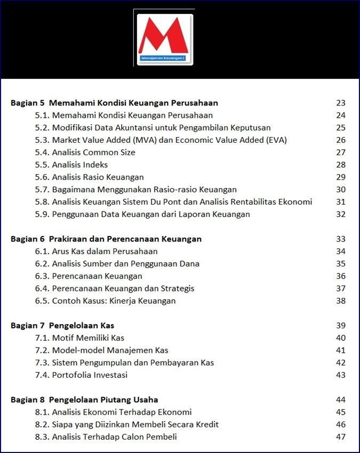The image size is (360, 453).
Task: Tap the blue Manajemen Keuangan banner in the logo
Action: pos(165,58)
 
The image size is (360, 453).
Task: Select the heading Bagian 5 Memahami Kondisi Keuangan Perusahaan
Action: pos(114,103)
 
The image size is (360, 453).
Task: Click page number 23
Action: pos(341,103)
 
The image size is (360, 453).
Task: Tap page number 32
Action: pos(341,214)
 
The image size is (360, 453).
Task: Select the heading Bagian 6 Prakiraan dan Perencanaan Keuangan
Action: pos(106,239)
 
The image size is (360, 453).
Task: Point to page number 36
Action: pos(341,276)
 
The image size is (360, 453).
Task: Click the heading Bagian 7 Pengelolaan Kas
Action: pos(62,326)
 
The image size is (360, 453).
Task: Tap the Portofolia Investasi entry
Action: pos(82,375)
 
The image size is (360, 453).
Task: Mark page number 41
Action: pos(341,350)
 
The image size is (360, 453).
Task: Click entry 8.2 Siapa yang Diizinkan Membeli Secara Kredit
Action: pos(127,425)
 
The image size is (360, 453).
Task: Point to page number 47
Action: pos(341,437)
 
